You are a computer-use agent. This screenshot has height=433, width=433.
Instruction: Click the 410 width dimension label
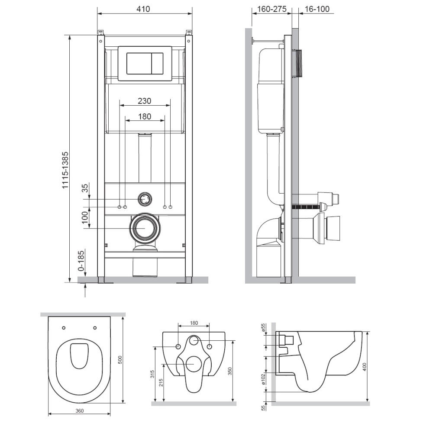(143, 9)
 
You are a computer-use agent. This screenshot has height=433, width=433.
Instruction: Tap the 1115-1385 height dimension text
(65, 170)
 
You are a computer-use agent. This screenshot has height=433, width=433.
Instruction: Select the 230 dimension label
(145, 101)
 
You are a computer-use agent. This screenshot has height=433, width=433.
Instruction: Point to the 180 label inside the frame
(145, 116)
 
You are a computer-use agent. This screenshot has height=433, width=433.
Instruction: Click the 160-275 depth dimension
(272, 9)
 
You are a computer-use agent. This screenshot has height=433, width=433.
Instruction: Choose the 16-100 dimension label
(317, 9)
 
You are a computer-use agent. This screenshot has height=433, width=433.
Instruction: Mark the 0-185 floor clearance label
(81, 260)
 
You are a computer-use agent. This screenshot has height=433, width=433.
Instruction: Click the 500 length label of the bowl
(120, 360)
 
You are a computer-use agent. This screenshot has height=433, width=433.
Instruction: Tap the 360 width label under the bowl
(79, 411)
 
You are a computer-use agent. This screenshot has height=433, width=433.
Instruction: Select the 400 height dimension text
(364, 366)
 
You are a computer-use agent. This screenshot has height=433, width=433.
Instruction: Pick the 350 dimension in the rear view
(230, 371)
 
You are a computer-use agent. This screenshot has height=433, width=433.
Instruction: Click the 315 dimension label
(152, 374)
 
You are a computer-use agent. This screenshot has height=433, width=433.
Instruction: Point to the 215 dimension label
(161, 382)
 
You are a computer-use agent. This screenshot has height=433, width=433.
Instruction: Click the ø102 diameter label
(263, 379)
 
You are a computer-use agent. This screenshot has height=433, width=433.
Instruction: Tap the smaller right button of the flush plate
(157, 63)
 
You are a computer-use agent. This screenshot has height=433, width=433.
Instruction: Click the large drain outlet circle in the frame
(145, 228)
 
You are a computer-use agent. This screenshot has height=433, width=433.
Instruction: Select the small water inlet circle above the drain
(145, 199)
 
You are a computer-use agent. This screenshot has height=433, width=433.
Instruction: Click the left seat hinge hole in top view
(64, 328)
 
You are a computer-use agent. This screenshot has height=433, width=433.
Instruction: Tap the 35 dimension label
(86, 188)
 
